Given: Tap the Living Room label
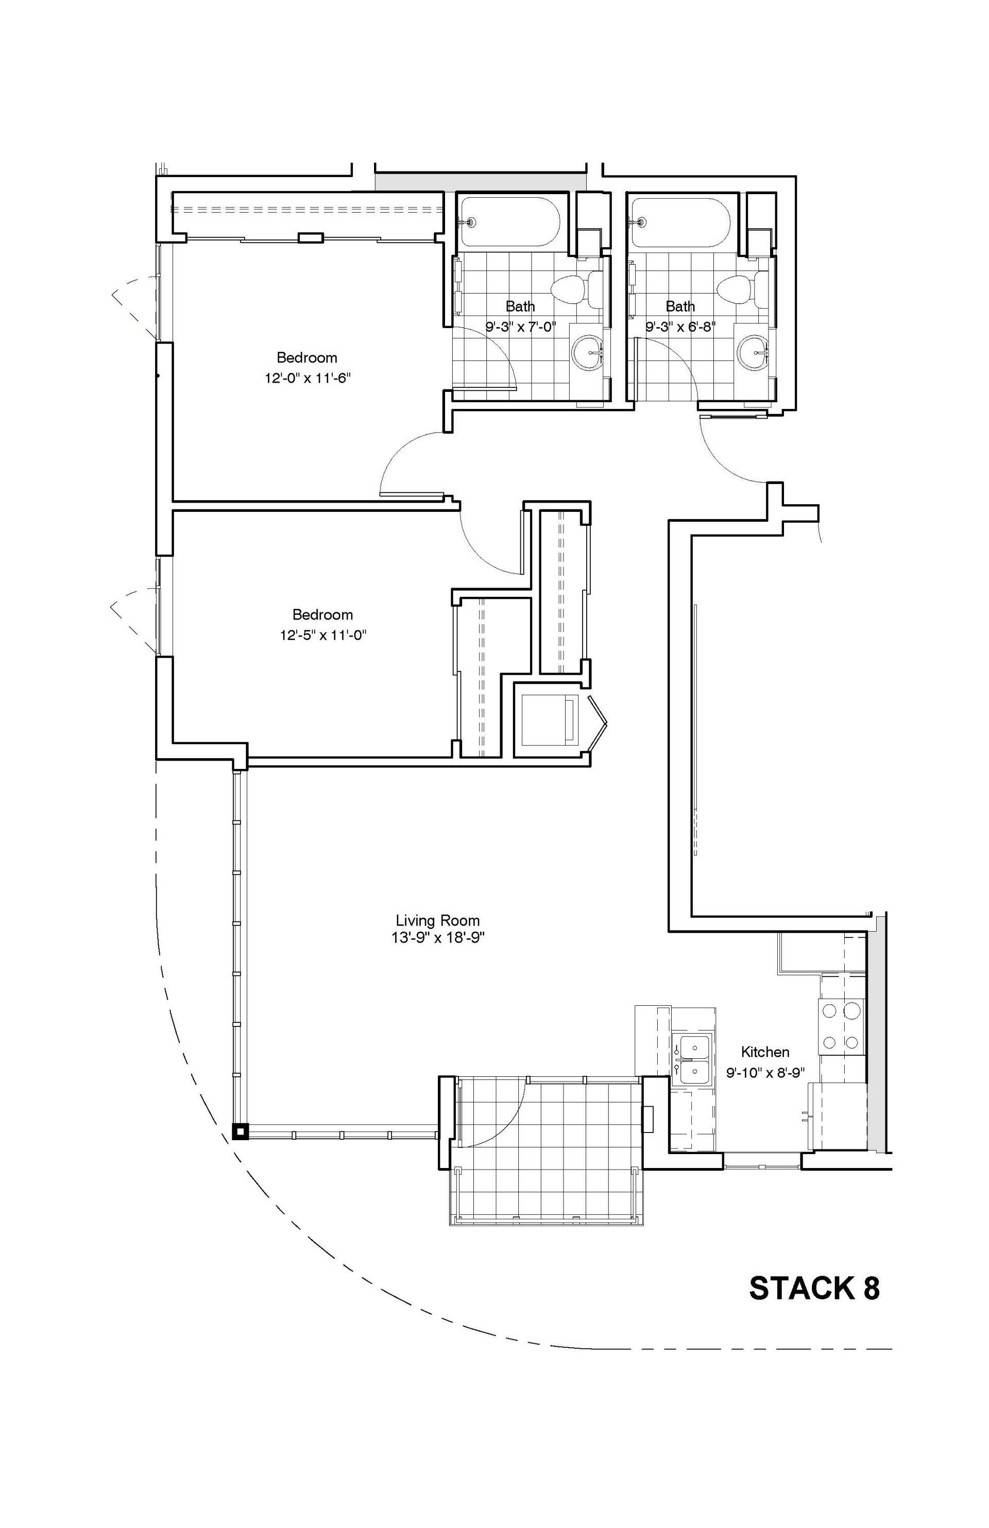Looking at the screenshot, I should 437,921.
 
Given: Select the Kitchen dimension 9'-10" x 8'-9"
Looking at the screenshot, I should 765,1072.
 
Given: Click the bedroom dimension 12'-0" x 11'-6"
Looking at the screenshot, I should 307,378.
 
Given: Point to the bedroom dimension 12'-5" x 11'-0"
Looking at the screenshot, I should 322,635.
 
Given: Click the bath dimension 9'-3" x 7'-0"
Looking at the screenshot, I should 520,327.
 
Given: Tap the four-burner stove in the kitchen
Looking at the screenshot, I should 841,1026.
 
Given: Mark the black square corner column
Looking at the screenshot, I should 240,1131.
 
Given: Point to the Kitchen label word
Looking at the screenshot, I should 765,1052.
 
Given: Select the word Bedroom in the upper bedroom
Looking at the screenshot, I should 307,357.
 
